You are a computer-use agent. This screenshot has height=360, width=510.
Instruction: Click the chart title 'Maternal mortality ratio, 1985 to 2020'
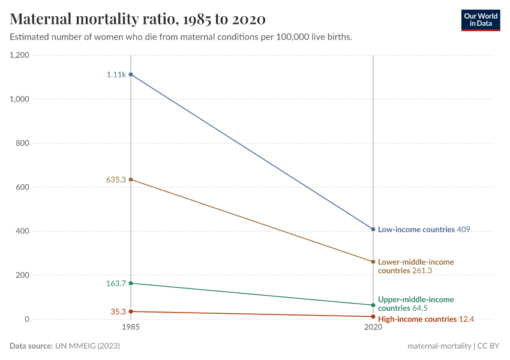pos(138,19)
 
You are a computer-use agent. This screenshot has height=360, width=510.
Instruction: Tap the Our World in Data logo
pos(480,20)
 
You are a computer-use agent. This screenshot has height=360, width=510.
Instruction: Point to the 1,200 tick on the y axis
pos(20,55)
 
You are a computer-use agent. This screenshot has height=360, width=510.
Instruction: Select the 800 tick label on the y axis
pos(23,143)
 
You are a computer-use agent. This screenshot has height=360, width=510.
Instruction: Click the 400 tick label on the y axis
pos(23,231)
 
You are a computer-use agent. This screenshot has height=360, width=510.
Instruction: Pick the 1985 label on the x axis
pos(131,328)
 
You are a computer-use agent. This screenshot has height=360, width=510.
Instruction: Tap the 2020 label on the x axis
pos(373,328)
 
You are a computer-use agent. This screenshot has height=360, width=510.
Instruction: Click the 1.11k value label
pos(116,74)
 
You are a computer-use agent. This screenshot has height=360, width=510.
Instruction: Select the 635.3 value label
pos(116,179)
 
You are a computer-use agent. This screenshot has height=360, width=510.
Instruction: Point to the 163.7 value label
pos(116,283)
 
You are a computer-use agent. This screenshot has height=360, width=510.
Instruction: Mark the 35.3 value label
pos(118,311)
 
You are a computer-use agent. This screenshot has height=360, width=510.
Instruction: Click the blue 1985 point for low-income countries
pos(131,74)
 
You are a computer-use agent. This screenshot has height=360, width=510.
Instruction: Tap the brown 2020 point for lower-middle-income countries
pos(373,262)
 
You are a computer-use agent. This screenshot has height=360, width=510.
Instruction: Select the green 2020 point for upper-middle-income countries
pos(373,305)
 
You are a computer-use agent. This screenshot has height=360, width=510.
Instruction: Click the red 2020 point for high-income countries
pos(373,316)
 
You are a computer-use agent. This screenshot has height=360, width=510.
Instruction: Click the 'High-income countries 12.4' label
pos(426,319)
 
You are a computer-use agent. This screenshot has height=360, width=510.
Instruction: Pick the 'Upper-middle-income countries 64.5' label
pos(416,304)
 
